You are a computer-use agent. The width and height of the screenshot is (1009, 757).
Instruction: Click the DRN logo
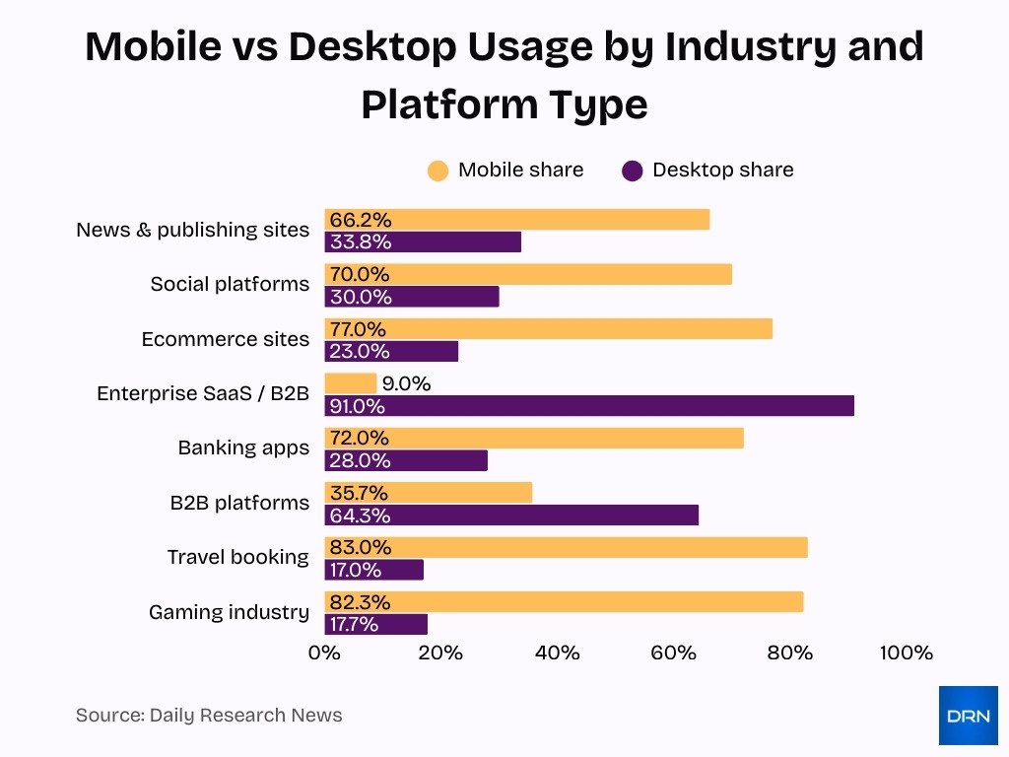tap(968, 715)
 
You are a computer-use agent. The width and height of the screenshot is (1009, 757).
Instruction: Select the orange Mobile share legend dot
tap(437, 171)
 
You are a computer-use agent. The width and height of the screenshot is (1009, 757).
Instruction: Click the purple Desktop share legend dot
tap(633, 171)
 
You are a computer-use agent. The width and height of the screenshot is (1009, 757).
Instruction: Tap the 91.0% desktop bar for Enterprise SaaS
tap(589, 406)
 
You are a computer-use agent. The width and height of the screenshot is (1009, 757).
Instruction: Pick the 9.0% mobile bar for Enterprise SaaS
tap(351, 383)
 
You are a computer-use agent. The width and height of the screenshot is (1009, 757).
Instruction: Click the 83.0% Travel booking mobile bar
tap(566, 547)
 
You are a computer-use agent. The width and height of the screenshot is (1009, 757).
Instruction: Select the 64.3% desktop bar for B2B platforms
tap(511, 515)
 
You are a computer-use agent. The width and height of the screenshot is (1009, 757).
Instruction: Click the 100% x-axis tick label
tap(906, 653)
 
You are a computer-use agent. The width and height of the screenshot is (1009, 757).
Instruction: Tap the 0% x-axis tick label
tap(324, 653)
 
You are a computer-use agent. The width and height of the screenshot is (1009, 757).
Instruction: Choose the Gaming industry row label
tap(229, 612)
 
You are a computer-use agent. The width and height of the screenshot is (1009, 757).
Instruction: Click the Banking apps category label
tap(242, 447)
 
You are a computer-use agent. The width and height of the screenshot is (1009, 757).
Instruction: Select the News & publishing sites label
tap(192, 230)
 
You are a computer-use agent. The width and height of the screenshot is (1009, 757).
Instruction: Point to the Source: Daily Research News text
tap(209, 716)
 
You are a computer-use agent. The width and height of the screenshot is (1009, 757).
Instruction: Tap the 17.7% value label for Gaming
tap(361, 624)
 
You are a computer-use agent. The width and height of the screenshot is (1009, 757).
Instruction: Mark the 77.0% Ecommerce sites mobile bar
tap(548, 329)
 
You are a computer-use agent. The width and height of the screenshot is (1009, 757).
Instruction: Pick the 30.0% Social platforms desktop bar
tap(412, 297)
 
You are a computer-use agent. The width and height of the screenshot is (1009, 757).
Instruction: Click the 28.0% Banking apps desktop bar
tap(406, 460)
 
